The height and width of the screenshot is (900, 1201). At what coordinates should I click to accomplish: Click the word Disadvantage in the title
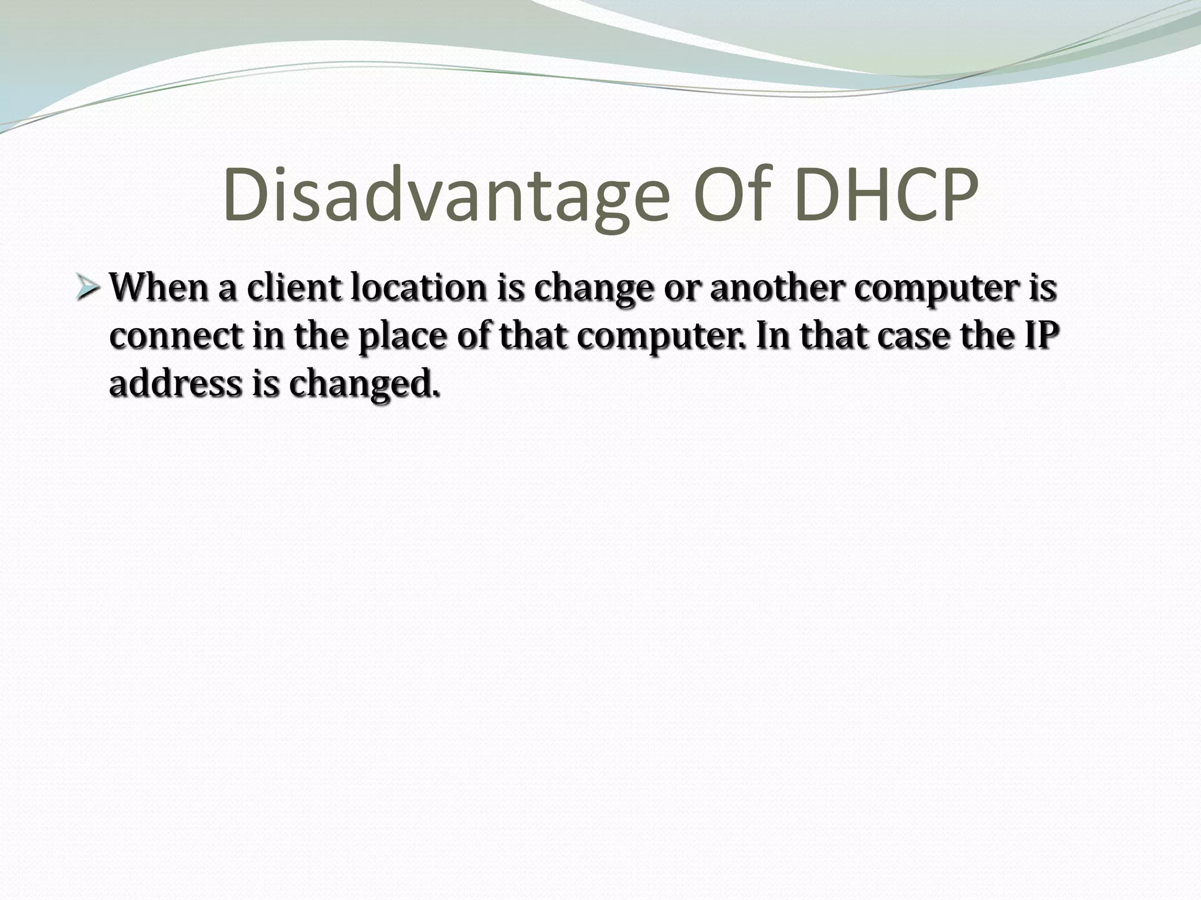pyautogui.click(x=446, y=195)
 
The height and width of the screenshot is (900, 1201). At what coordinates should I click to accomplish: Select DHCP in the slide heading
pyautogui.click(x=887, y=195)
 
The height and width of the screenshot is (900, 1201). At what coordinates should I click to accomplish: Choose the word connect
pyautogui.click(x=176, y=337)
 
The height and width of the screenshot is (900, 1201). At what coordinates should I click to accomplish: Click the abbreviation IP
pyautogui.click(x=1041, y=336)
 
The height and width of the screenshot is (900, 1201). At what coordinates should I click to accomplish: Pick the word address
pyautogui.click(x=176, y=384)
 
